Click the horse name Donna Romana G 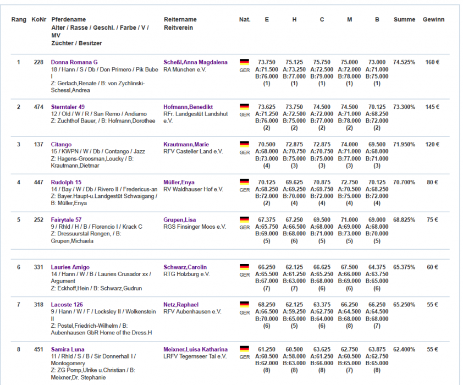74,62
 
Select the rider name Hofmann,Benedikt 188,107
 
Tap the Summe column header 404,20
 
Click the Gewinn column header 433,20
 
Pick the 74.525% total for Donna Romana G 404,62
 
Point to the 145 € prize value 433,107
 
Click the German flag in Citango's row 244,144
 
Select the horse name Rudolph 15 67,182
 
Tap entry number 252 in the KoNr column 38,219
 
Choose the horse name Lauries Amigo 70,267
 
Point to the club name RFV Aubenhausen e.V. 192,311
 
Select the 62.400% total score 404,349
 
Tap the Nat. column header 245,20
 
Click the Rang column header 19,20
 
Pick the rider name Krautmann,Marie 187,145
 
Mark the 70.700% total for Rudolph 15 404,182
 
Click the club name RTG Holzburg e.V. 186,274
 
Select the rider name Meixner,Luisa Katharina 195,349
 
